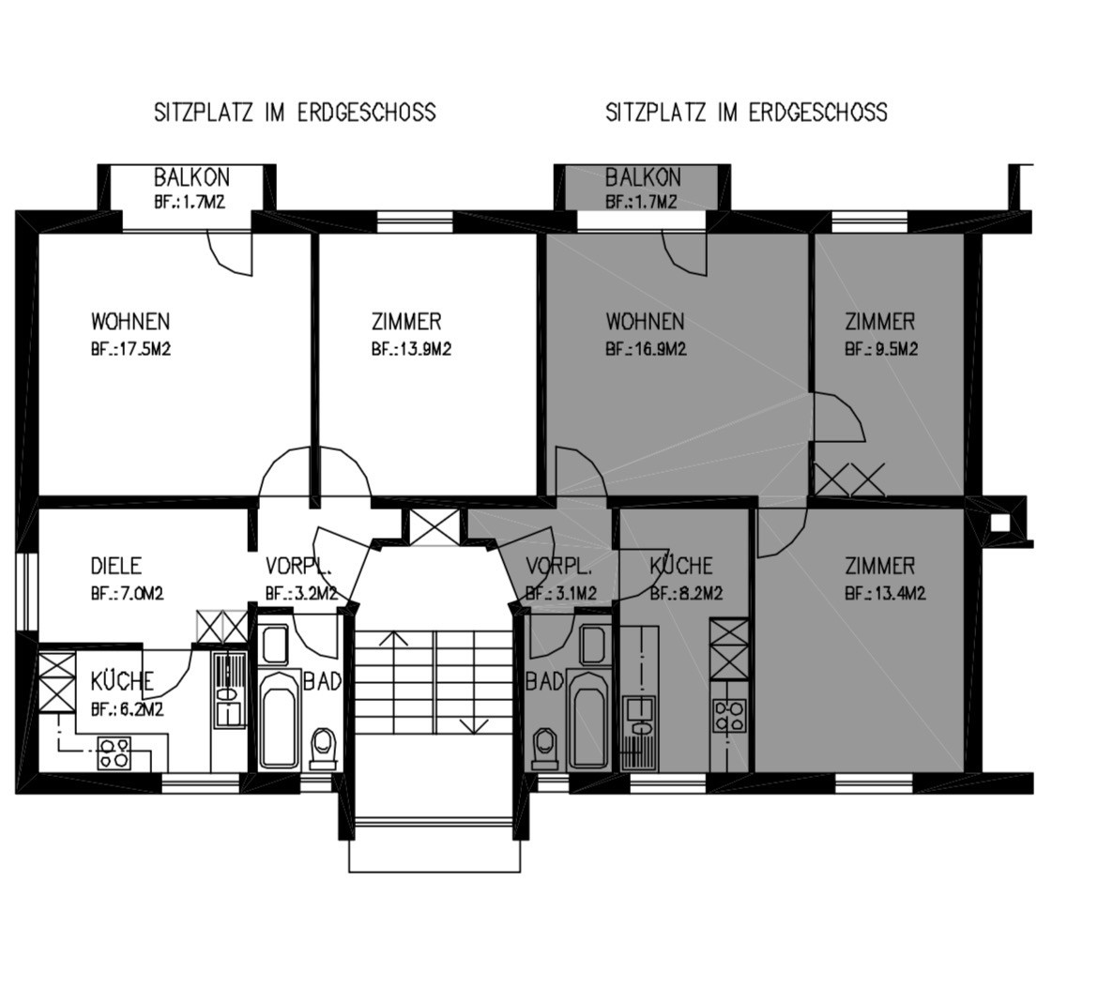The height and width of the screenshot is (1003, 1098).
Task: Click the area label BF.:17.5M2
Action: [131, 349]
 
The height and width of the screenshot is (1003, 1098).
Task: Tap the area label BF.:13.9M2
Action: [412, 349]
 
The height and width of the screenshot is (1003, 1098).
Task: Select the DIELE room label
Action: [116, 566]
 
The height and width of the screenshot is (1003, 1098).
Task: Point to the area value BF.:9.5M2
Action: [881, 349]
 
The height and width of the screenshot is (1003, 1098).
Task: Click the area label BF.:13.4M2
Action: [886, 594]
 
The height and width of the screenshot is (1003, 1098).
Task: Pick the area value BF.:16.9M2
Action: [647, 349]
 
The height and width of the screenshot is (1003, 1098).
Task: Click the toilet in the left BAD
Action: [322, 747]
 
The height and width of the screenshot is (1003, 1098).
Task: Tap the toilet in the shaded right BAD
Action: [545, 747]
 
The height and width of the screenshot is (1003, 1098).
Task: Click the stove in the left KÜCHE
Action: [114, 752]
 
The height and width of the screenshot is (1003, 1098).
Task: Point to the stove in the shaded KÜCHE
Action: [728, 715]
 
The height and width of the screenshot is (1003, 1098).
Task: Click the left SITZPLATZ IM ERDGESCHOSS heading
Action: [295, 112]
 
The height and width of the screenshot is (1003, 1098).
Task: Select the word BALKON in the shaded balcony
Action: [643, 177]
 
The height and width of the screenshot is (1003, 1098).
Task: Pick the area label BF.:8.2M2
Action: [686, 594]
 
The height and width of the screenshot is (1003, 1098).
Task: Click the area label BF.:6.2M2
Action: [127, 709]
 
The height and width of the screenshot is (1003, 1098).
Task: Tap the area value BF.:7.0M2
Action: [127, 594]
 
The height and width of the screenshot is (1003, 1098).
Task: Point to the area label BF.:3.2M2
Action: [302, 594]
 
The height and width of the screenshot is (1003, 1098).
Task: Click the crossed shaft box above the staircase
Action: [435, 526]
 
